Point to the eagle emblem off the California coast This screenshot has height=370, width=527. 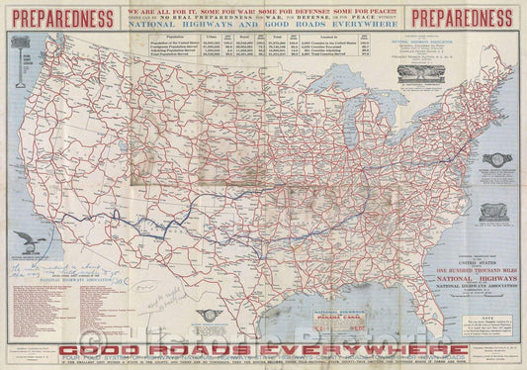pyautogui.click(x=27, y=242)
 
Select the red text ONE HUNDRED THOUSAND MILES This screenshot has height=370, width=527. pyautogui.click(x=461, y=252)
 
